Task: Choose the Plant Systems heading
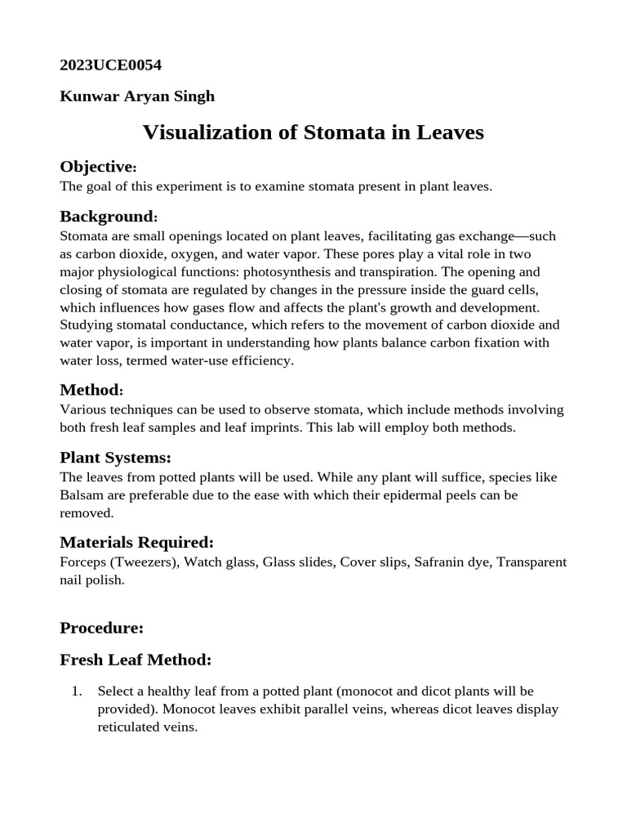point(115,457)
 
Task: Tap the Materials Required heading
point(136,543)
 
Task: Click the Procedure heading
point(101,628)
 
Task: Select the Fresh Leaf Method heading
point(136,659)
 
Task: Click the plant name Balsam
point(80,495)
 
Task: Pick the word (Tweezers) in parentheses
point(141,562)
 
